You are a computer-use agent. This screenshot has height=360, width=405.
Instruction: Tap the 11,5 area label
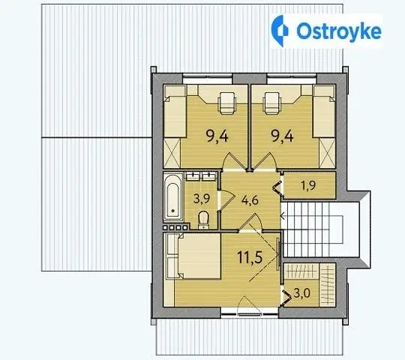click(250, 257)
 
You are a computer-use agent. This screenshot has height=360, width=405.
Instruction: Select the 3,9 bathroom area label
click(202, 199)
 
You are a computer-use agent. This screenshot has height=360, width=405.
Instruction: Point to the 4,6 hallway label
click(250, 200)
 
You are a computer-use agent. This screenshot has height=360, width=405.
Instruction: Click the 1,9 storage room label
click(308, 185)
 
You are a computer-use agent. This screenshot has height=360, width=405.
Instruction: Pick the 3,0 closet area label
click(302, 293)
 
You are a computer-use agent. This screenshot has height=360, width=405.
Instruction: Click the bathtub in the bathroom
click(173, 197)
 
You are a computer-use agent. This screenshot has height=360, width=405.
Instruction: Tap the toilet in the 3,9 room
click(203, 220)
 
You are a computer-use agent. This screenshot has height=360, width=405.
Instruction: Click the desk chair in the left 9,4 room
click(226, 103)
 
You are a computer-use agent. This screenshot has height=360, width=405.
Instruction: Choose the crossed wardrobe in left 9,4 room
click(172, 153)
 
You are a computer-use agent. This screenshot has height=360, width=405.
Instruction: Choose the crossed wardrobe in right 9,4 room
click(327, 153)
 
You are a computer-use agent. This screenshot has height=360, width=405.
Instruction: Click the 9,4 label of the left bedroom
click(217, 136)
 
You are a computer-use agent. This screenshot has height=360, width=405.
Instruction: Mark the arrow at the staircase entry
click(282, 216)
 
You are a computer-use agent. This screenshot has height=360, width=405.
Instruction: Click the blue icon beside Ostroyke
click(280, 31)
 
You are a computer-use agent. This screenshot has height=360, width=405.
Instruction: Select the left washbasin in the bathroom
click(193, 176)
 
